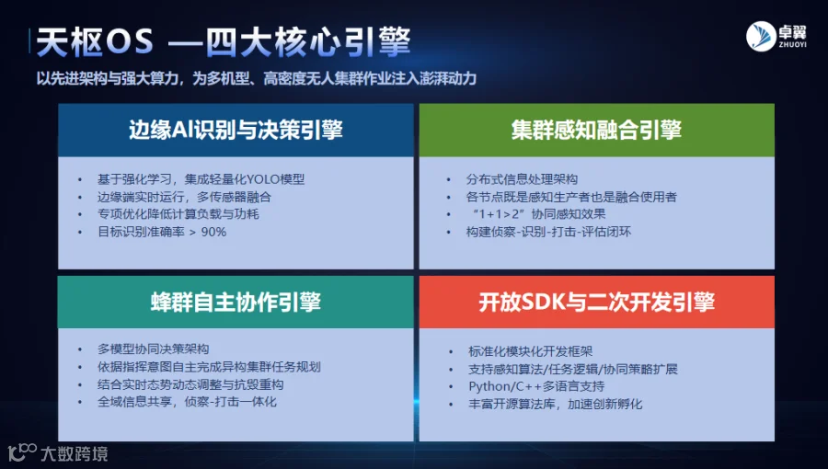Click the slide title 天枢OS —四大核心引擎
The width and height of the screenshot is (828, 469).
click(224, 41)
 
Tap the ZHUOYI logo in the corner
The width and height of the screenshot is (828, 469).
click(776, 37)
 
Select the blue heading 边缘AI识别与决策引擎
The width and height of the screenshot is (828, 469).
click(236, 131)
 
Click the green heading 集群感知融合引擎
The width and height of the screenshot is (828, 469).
click(596, 131)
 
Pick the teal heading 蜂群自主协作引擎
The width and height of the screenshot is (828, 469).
click(236, 303)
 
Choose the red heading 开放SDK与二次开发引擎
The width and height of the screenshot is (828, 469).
click(597, 303)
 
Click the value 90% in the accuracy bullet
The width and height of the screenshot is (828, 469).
click(213, 232)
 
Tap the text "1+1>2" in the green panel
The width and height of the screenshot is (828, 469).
click(493, 214)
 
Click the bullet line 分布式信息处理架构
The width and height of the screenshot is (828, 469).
click(522, 179)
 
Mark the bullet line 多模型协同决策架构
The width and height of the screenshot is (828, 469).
click(153, 349)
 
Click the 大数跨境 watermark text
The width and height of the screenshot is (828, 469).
click(74, 453)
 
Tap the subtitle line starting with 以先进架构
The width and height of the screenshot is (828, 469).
click(256, 78)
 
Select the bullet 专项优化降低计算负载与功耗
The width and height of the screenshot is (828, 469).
click(178, 214)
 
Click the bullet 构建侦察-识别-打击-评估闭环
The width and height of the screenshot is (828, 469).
click(548, 232)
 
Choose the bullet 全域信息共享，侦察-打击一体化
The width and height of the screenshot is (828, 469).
click(187, 402)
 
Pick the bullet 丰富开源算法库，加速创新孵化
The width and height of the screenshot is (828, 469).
click(555, 404)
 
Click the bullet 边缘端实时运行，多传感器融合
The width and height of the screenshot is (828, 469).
click(184, 197)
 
